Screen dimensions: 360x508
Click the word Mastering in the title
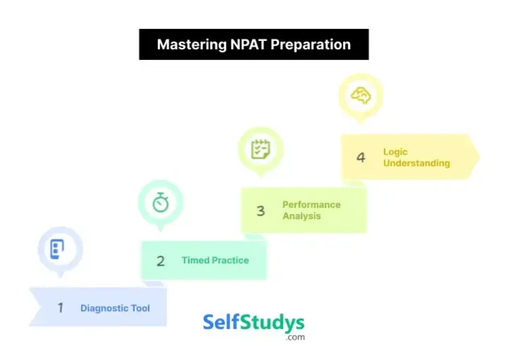pos(192,44)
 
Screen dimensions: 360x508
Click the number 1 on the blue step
pos(61,308)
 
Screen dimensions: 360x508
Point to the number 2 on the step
pos(160,260)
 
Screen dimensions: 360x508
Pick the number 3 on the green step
pos(260,210)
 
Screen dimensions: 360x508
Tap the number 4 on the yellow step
pos(361,157)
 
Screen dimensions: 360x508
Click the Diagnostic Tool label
pos(115,308)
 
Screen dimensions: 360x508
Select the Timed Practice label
pos(215,260)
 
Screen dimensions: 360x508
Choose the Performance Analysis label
pos(311,210)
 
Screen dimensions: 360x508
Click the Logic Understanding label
pos(416,157)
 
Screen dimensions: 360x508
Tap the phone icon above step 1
pos(58,248)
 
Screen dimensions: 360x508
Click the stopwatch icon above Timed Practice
pos(161,203)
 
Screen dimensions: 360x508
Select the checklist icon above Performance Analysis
pos(261,149)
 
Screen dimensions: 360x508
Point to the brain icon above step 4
pos(361,96)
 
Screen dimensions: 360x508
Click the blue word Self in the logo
pos(221,323)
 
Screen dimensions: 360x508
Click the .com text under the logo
pos(296,337)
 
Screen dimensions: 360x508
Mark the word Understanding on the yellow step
pos(416,163)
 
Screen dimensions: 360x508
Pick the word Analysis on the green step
pos(302,216)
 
